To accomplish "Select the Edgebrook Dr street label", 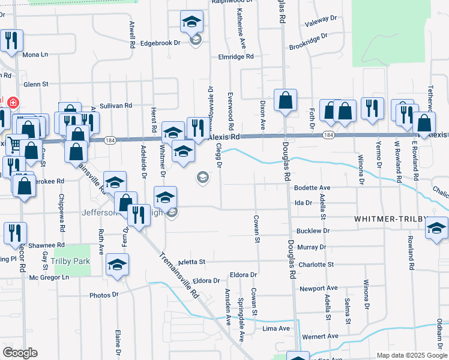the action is coord(160,43).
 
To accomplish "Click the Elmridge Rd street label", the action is coord(236,56).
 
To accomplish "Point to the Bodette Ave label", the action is coord(312,188).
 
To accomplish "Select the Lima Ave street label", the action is coord(277,329).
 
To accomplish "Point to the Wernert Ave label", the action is coord(321,336).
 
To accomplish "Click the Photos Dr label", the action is coord(104,295).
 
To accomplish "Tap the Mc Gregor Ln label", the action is coord(49,277).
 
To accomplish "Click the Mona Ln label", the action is coord(35,55).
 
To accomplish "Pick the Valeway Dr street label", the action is coord(321,22).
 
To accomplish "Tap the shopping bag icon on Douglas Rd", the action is coord(286,100).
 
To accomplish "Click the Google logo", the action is coord(20,353).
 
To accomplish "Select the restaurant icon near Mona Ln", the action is coord(11,41).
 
